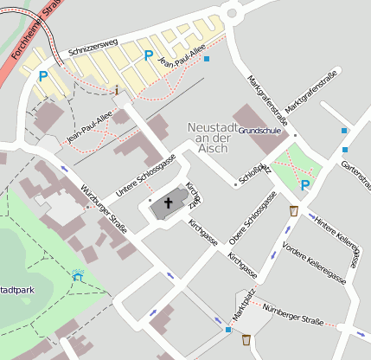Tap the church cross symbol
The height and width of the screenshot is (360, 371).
tap(169, 204)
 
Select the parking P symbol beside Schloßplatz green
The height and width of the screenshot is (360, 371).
tap(304, 185)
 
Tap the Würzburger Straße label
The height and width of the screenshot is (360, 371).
tap(103, 209)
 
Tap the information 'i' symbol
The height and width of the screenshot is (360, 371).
tap(117, 89)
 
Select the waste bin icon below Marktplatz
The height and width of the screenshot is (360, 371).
tap(246, 340)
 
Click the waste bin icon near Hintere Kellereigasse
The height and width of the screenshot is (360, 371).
tap(294, 210)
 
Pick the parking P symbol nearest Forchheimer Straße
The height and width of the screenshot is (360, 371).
tap(42, 76)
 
